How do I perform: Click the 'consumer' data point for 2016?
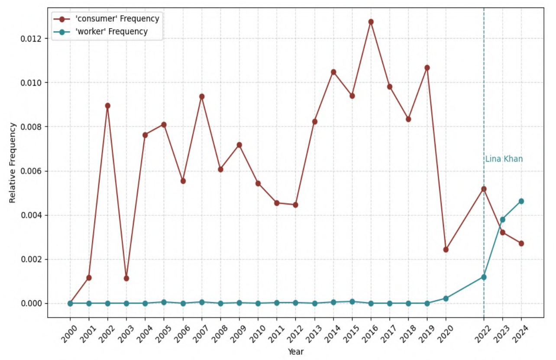(371, 22)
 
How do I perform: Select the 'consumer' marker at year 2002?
(108, 106)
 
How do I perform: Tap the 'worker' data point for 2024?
(521, 201)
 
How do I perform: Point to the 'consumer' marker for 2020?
(446, 250)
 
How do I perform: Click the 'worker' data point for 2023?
(502, 219)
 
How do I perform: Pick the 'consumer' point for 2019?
(427, 68)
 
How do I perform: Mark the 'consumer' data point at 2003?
(126, 278)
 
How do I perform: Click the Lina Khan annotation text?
(504, 159)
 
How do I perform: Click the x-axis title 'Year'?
(296, 352)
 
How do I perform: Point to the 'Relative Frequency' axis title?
(13, 162)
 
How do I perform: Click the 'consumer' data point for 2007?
(202, 97)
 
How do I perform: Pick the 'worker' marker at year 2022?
(484, 277)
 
